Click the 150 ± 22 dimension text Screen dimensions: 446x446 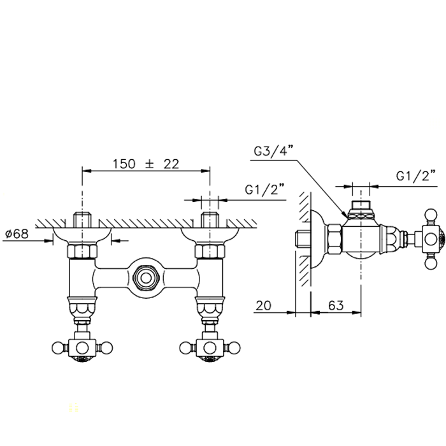tap(146, 164)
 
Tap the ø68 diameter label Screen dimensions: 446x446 tap(17, 234)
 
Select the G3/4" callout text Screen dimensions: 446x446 tap(273, 151)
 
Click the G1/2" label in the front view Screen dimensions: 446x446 tap(265, 190)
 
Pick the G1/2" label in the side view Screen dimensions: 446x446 tap(416, 176)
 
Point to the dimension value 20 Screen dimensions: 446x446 tap(263, 306)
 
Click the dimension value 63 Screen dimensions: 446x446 tap(336, 306)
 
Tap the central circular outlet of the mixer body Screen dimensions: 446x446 tap(146, 278)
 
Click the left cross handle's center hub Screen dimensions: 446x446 tap(82, 348)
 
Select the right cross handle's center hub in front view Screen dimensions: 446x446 tap(210, 348)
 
